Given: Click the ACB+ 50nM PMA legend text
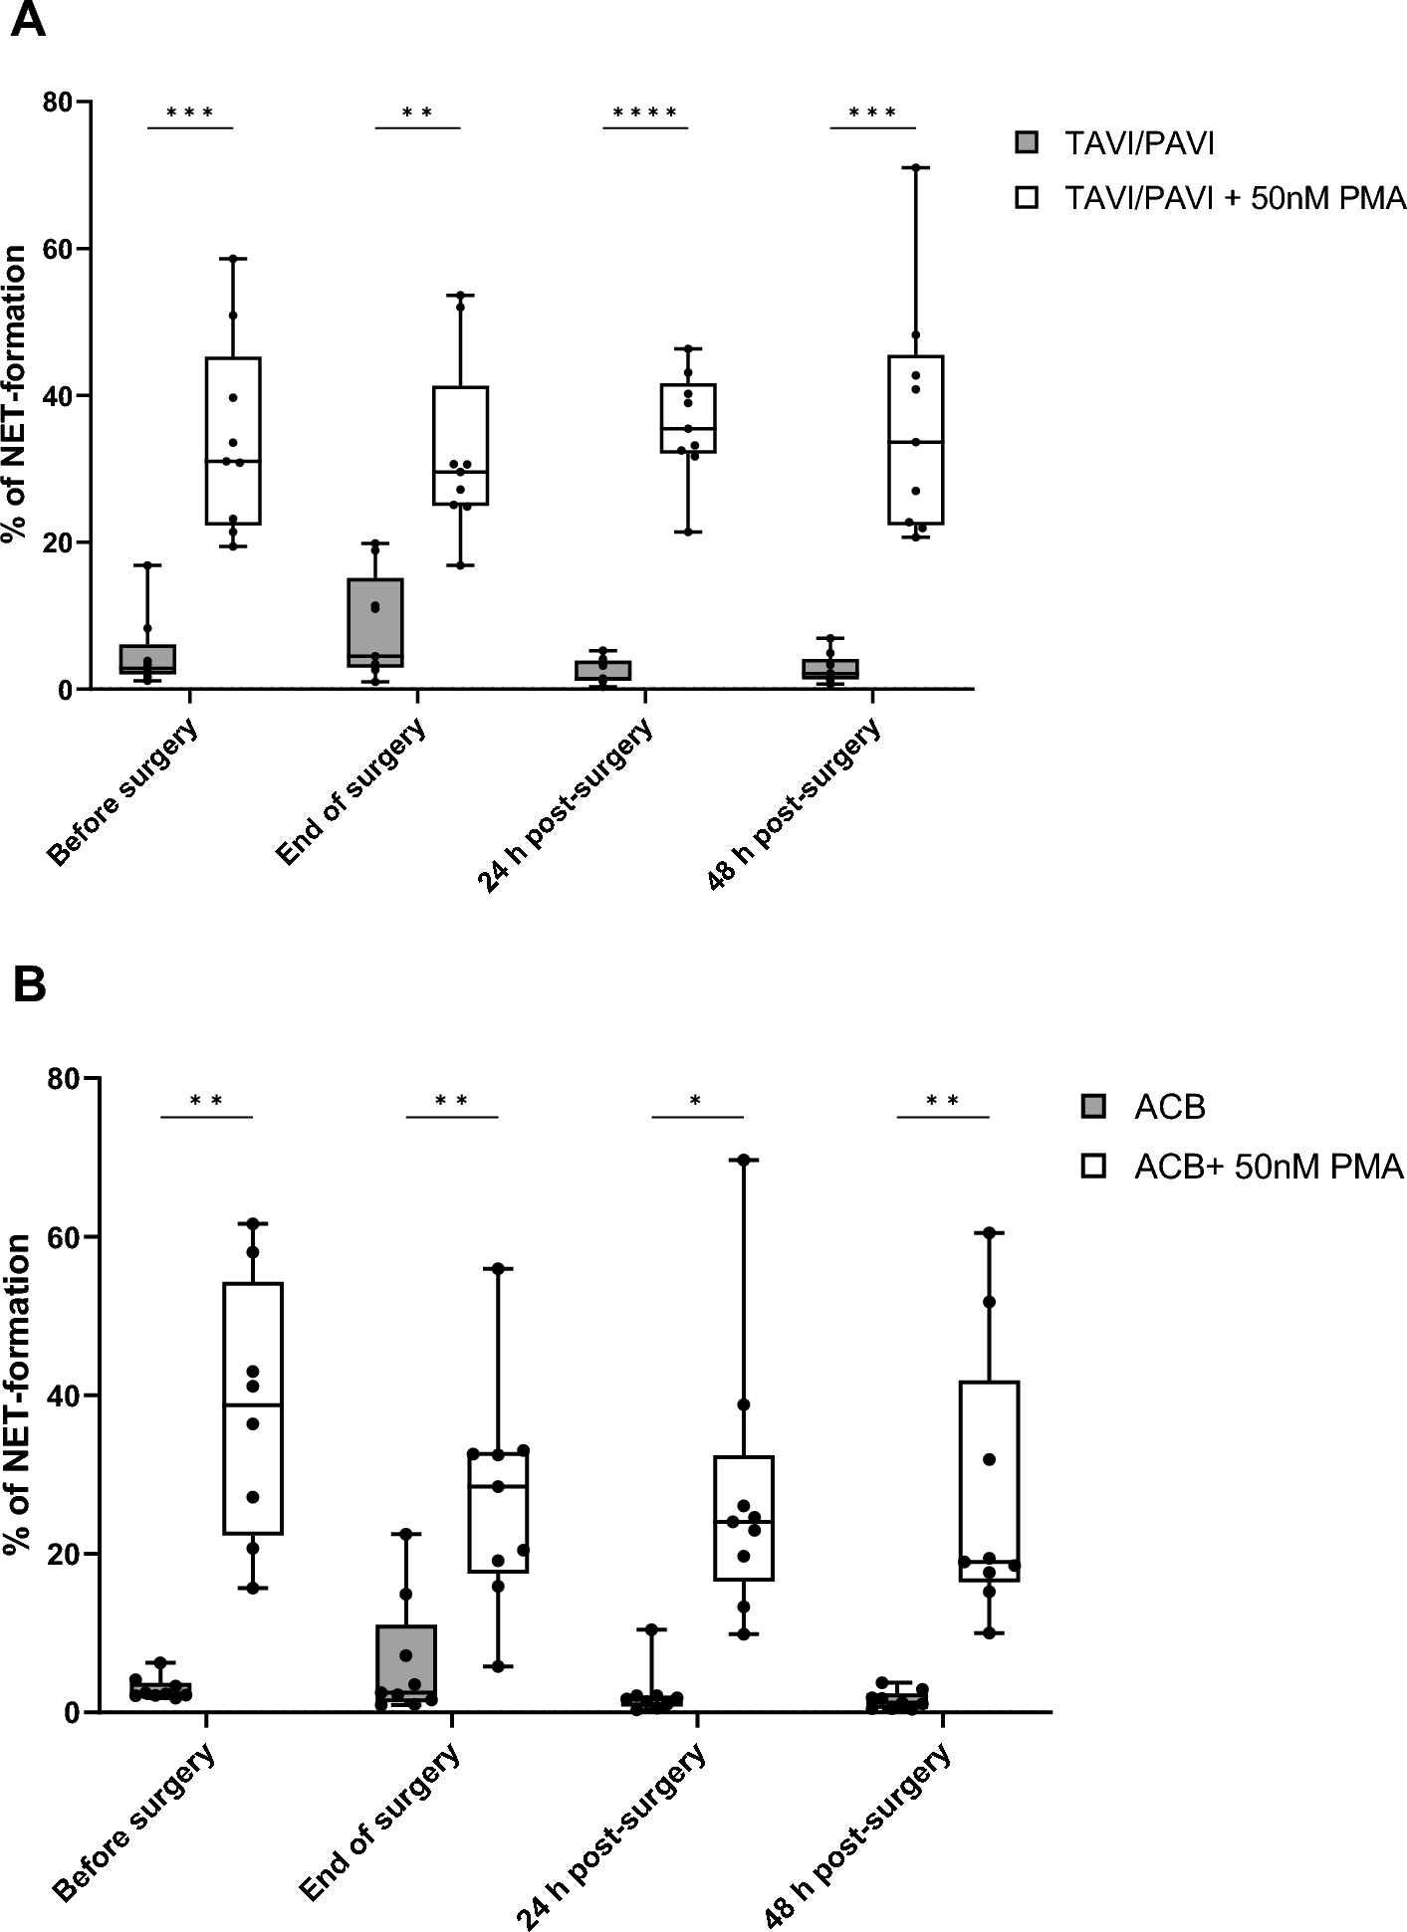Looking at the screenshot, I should click(x=1268, y=1167).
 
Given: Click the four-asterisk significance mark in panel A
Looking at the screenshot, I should click(x=645, y=113).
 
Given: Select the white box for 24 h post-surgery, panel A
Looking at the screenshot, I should click(x=688, y=418).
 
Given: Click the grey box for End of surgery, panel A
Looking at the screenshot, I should click(x=374, y=622).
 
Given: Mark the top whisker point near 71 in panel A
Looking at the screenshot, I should click(x=915, y=168).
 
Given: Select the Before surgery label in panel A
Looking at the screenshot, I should click(x=123, y=791).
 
